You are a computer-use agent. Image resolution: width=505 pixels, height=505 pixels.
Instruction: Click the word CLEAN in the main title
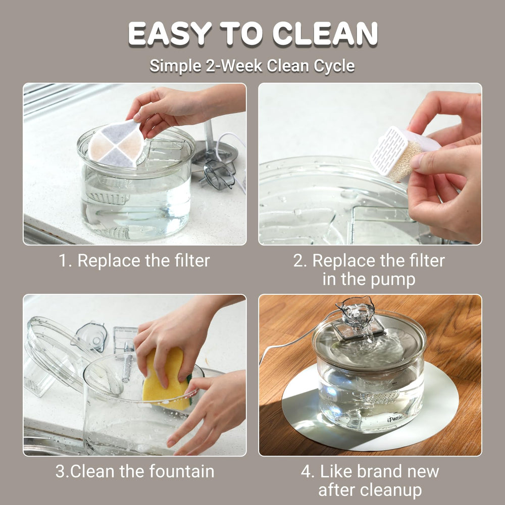(x=325, y=33)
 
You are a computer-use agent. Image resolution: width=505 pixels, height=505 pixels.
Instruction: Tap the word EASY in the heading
(x=170, y=33)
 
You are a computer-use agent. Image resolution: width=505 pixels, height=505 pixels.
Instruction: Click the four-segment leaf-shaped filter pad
(x=116, y=143)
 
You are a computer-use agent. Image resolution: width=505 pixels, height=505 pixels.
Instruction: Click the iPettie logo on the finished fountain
(x=395, y=418)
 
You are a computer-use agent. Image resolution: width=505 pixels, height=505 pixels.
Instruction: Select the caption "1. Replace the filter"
(x=134, y=260)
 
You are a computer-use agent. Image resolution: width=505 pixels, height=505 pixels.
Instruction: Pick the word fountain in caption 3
(x=182, y=471)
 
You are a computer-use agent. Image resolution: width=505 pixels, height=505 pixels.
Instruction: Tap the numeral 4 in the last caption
(x=306, y=472)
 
